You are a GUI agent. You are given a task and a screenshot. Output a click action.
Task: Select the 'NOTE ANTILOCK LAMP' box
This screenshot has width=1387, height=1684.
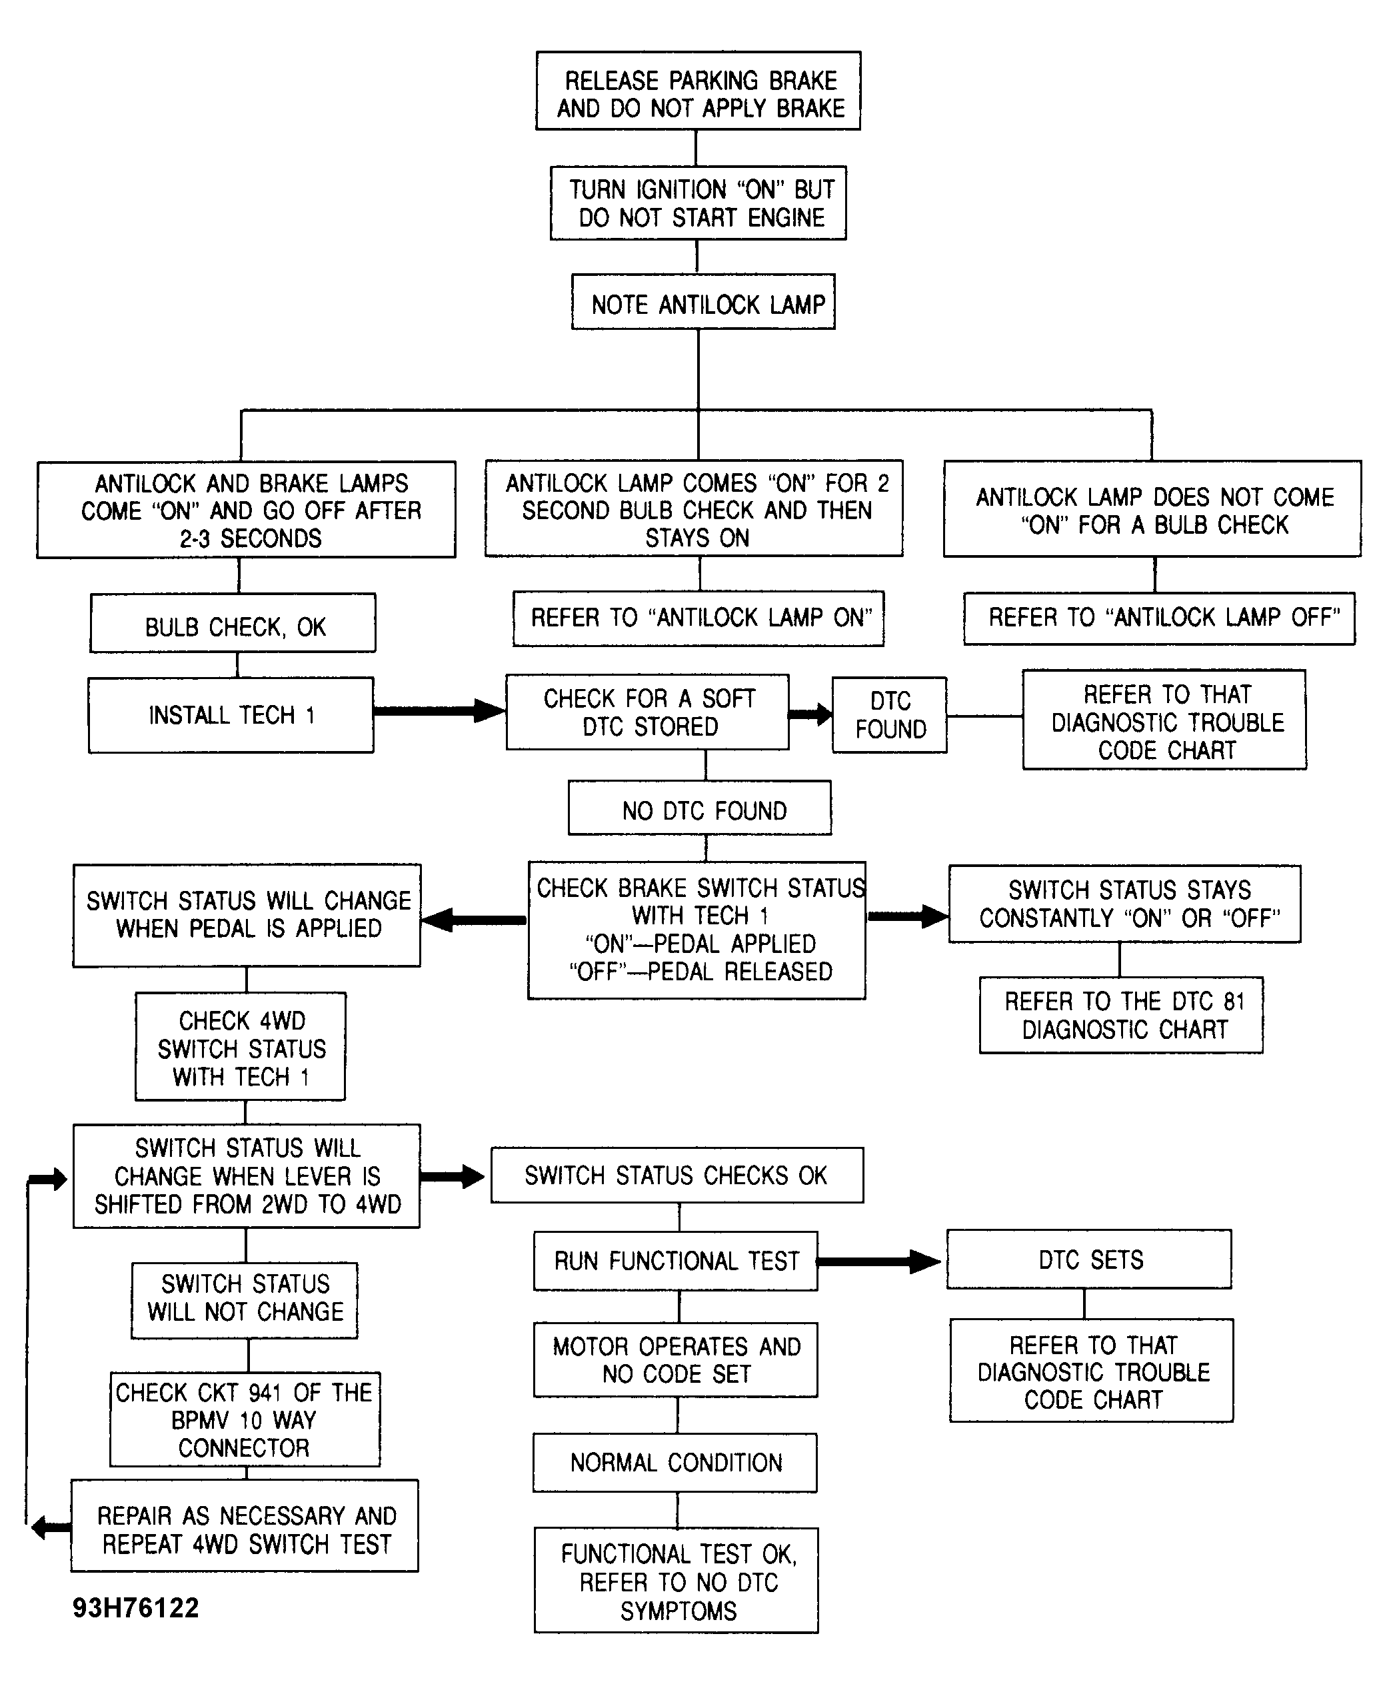click(x=703, y=302)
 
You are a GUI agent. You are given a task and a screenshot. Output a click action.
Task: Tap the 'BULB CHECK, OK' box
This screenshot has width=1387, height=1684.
click(x=233, y=623)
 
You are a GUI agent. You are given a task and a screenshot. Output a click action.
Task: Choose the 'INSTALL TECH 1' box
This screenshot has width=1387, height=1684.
click(x=231, y=715)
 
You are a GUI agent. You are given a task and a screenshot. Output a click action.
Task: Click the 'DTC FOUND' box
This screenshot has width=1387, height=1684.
click(x=889, y=715)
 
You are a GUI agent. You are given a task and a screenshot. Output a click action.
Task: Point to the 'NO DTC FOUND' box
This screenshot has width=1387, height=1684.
click(x=700, y=808)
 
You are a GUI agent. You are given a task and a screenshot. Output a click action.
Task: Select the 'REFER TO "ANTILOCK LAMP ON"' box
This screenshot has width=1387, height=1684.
click(x=698, y=618)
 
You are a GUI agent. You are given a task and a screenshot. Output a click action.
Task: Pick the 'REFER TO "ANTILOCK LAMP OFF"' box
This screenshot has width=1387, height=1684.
click(x=1159, y=618)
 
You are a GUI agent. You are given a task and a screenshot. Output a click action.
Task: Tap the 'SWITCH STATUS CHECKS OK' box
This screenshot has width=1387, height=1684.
click(x=677, y=1175)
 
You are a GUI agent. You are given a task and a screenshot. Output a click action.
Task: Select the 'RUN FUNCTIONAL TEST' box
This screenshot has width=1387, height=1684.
click(x=676, y=1261)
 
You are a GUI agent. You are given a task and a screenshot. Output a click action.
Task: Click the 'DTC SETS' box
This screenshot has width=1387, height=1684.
click(x=1089, y=1259)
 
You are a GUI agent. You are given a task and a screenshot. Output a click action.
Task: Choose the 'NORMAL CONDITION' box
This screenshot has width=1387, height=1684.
click(x=675, y=1463)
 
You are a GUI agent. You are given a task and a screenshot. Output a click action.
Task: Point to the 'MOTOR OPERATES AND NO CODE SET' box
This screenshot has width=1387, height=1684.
click(x=676, y=1359)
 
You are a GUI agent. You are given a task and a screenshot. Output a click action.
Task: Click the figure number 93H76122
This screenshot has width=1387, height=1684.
click(x=136, y=1607)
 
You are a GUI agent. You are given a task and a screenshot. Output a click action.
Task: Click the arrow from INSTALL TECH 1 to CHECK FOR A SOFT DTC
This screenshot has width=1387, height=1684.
click(x=439, y=710)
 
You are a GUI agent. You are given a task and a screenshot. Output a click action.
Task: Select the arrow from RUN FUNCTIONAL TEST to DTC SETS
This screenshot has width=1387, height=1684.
click(x=880, y=1262)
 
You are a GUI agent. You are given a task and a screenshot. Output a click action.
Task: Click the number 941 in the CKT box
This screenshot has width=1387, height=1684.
click(x=265, y=1392)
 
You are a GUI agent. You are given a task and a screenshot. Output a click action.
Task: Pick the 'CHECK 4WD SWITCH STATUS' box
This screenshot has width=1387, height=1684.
click(x=241, y=1046)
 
